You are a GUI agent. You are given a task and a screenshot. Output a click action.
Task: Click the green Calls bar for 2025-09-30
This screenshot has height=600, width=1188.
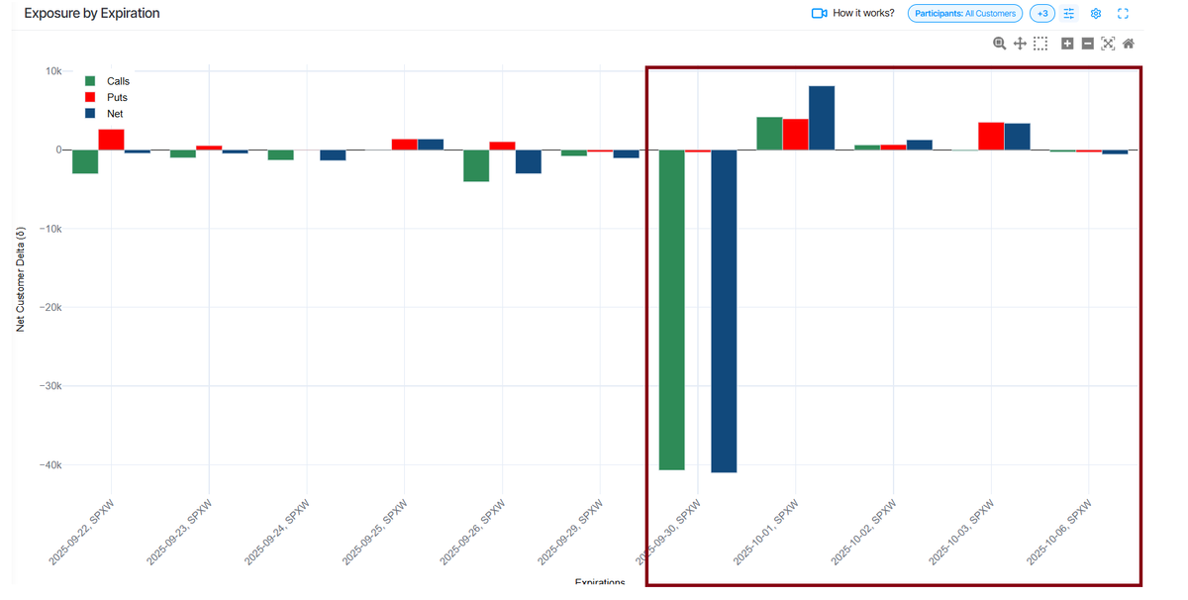coord(672,310)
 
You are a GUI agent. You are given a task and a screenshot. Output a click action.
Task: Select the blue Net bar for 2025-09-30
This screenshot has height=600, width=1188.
coord(724,311)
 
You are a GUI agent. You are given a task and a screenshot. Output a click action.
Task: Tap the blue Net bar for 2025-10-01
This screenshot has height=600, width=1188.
coord(822,118)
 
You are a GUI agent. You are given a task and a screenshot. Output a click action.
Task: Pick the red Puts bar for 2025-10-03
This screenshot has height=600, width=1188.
coord(991,137)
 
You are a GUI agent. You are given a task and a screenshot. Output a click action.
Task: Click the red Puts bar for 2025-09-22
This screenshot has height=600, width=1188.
coord(111,140)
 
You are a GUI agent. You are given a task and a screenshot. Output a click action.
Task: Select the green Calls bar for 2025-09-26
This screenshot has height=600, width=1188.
coord(476,165)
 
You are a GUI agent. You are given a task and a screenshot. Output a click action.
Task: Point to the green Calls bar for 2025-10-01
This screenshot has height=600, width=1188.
coord(769,134)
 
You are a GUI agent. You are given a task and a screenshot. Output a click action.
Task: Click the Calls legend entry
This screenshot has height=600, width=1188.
coord(118,81)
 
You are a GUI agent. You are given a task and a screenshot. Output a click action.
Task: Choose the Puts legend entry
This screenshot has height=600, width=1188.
coord(117,97)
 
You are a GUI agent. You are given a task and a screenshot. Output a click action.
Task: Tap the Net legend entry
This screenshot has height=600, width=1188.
coord(115,114)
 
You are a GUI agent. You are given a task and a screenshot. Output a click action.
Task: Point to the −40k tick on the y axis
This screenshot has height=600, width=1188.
coord(46,465)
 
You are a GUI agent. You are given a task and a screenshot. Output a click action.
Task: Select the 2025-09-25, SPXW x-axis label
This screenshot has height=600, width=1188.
coord(375,532)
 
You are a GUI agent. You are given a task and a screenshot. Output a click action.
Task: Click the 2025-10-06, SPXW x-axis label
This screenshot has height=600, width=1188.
coord(1059,532)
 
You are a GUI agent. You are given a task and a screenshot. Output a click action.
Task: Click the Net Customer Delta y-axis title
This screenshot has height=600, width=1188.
coord(21,277)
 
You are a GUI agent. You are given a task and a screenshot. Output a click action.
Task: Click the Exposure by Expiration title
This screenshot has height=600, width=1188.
coord(92,14)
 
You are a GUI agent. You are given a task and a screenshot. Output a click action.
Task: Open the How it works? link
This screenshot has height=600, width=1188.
coord(862,14)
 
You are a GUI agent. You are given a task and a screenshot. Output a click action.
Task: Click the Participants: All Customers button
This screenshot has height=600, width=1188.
coord(964,14)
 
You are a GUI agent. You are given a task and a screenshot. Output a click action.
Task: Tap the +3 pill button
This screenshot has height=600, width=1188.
coord(1042,14)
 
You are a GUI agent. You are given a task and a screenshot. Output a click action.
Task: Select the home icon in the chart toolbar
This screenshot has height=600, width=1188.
coord(1129,44)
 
